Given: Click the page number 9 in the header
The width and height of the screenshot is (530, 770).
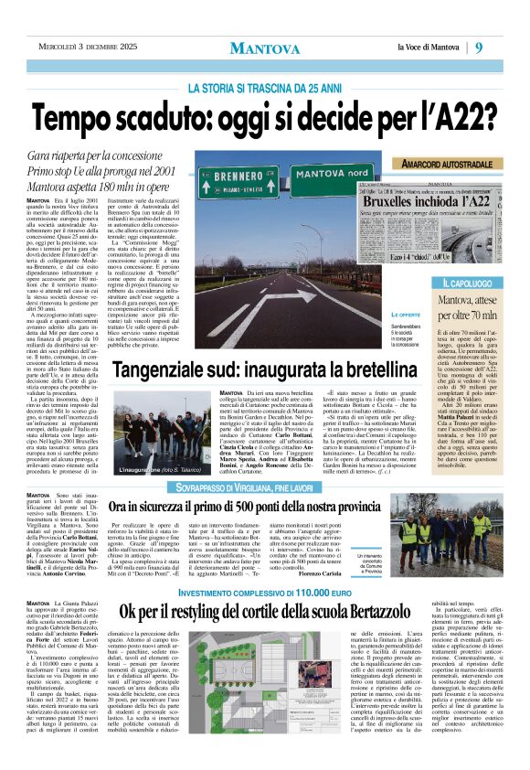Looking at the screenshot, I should pos(504,48).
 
